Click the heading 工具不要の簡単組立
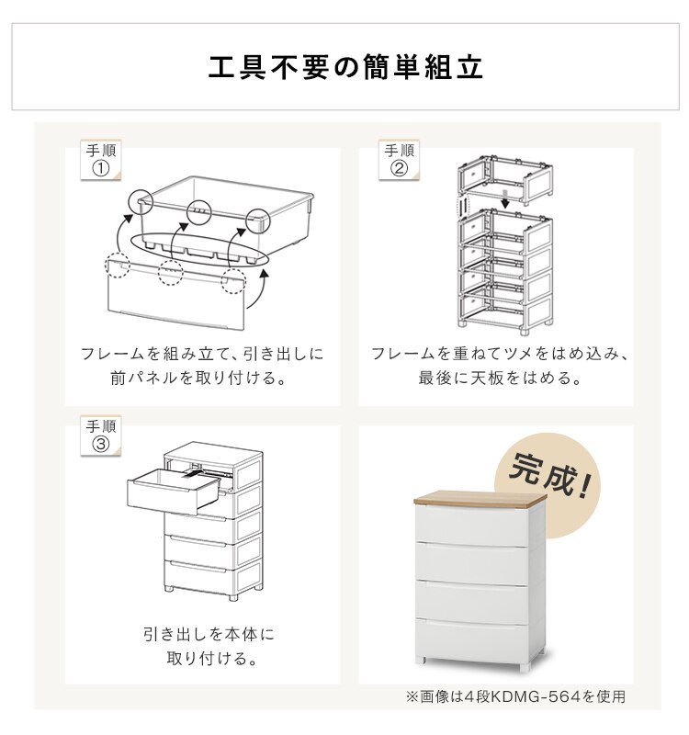click(345, 67)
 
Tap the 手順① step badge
click(101, 160)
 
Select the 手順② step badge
click(399, 160)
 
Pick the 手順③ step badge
click(101, 435)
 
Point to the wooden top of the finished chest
click(480, 499)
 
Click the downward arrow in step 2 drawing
click(504, 199)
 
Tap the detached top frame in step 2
click(505, 179)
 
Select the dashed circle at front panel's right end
click(233, 281)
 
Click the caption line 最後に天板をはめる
click(499, 378)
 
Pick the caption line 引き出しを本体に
click(209, 634)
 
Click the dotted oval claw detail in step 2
click(463, 206)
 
